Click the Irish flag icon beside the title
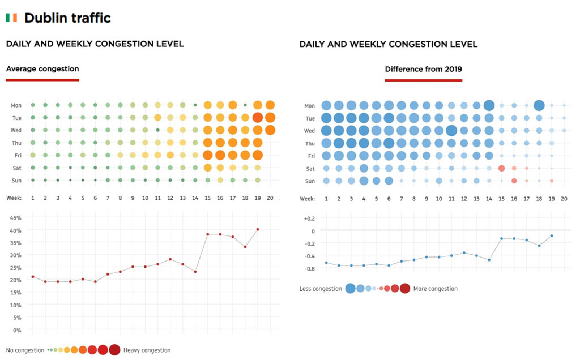11,18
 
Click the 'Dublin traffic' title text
67,18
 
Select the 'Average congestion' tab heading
42,69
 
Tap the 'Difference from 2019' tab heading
423,69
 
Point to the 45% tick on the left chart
16,218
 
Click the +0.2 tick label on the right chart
309,218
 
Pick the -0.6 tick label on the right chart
309,268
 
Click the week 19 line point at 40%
258,229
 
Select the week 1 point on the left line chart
33,277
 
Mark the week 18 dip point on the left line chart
245,247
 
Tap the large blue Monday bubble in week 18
539,105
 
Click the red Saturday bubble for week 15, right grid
501,168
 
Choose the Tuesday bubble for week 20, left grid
270,118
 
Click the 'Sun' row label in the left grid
16,181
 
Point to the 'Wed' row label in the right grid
310,131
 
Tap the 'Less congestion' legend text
321,289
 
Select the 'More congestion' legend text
436,289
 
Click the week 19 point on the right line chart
551,236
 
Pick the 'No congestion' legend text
25,350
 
